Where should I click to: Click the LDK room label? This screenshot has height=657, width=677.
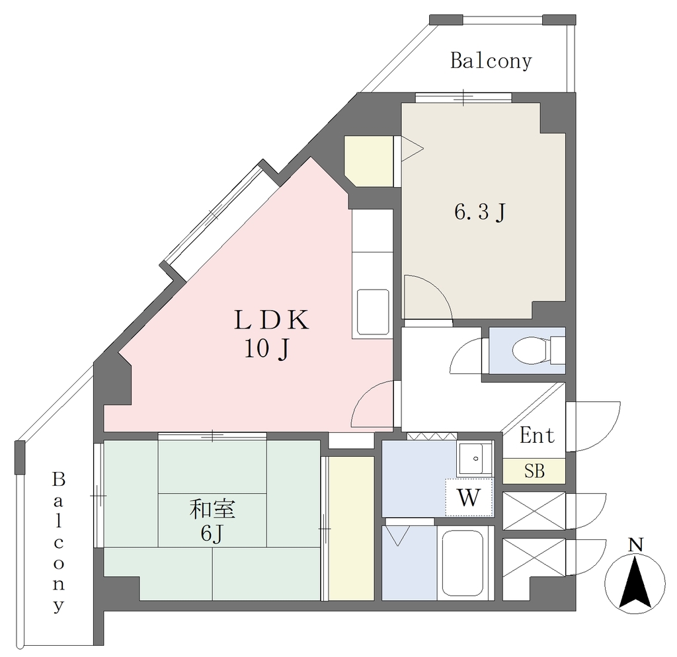tap(271, 320)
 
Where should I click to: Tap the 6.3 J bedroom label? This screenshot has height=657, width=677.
tap(480, 212)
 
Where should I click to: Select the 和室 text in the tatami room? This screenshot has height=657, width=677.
tap(212, 510)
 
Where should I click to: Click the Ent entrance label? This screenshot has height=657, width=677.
tap(537, 435)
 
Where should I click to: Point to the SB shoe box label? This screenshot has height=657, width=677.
tap(534, 471)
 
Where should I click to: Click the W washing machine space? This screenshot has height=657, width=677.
tap(469, 497)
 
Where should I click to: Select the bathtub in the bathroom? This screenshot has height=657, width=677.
tap(461, 562)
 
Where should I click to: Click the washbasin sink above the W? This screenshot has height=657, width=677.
tap(474, 459)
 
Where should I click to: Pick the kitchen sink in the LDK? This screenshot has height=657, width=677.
tap(373, 312)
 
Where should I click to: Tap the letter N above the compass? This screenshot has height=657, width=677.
tap(635, 545)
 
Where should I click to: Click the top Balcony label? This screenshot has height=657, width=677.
tap(491, 61)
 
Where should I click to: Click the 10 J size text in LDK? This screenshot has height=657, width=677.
tap(266, 349)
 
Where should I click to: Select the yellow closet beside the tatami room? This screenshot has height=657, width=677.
tap(351, 528)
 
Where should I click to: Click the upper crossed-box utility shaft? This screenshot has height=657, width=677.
tap(534, 511)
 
